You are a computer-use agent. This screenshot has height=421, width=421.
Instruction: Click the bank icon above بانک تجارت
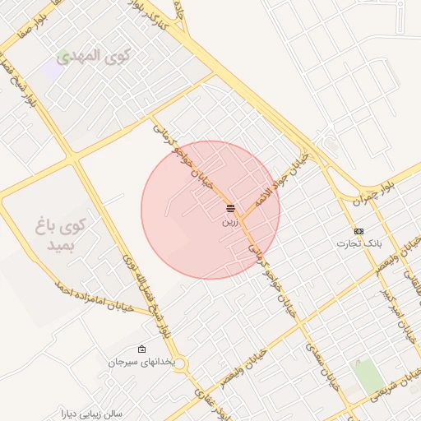point(359,231)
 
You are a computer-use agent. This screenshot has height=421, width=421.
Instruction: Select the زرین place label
point(229,221)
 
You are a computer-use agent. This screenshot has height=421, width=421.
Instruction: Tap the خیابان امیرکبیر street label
point(393,303)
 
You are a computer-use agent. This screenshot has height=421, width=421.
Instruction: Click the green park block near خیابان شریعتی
point(368,375)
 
